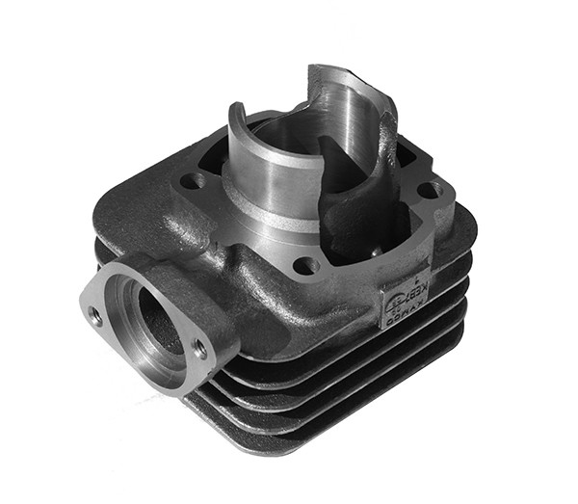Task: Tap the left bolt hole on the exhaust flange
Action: click(x=94, y=313)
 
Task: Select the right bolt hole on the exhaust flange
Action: click(x=200, y=349)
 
